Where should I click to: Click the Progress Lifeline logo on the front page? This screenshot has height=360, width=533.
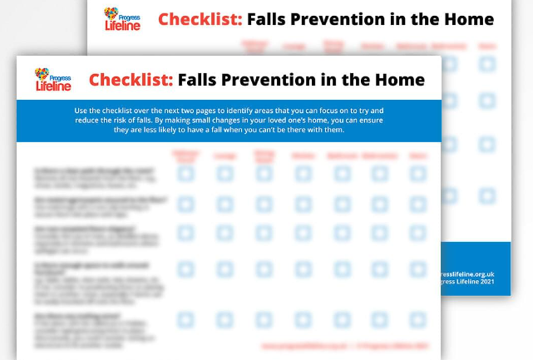pyautogui.click(x=52, y=80)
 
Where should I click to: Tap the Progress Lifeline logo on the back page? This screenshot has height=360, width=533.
pyautogui.click(x=121, y=18)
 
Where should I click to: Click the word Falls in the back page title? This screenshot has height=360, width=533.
pyautogui.click(x=274, y=19)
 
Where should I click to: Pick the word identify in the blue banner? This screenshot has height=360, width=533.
pyautogui.click(x=287, y=110)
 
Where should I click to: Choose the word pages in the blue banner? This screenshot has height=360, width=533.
pyautogui.click(x=249, y=110)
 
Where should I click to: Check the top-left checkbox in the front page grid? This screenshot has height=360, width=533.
pyautogui.click(x=185, y=174)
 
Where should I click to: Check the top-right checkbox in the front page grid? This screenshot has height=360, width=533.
pyautogui.click(x=417, y=174)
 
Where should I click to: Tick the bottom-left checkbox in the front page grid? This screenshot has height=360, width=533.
pyautogui.click(x=185, y=319)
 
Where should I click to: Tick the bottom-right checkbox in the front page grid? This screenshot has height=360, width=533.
pyautogui.click(x=417, y=319)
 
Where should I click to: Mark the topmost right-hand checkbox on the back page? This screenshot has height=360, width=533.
pyautogui.click(x=486, y=63)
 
